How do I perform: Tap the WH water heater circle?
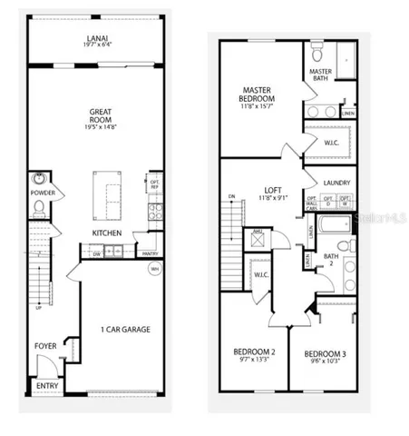(x=154, y=269)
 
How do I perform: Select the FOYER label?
(x=45, y=345)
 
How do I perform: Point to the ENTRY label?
(x=45, y=385)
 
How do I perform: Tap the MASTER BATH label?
(x=321, y=75)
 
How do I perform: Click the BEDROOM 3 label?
(x=322, y=353)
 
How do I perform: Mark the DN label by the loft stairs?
(x=232, y=195)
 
